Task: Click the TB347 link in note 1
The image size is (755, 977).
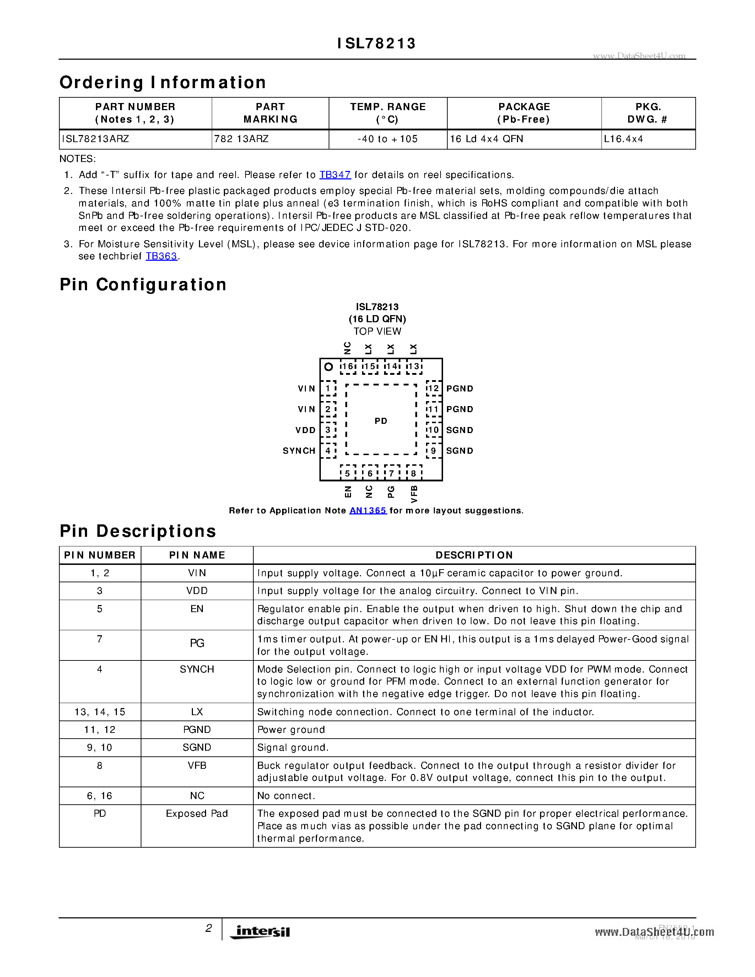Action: pyautogui.click(x=335, y=175)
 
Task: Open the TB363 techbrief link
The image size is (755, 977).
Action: pyautogui.click(x=161, y=256)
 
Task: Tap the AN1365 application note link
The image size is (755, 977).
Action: pyautogui.click(x=368, y=511)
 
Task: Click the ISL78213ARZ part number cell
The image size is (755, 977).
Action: pyautogui.click(x=96, y=139)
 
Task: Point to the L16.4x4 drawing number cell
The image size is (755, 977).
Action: pyautogui.click(x=623, y=139)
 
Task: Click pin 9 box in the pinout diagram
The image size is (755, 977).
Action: pyautogui.click(x=433, y=451)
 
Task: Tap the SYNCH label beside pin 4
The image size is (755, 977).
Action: pyautogui.click(x=299, y=451)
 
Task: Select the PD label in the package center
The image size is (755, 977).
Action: pyautogui.click(x=381, y=421)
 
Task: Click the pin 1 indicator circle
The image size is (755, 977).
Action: pyautogui.click(x=328, y=367)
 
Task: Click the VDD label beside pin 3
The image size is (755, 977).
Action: pyautogui.click(x=306, y=430)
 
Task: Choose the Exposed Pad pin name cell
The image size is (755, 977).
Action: pyautogui.click(x=197, y=813)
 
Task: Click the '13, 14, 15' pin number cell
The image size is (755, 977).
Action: pyautogui.click(x=100, y=712)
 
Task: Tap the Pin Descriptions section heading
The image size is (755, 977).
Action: pyautogui.click(x=138, y=531)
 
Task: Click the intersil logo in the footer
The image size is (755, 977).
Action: pyautogui.click(x=260, y=932)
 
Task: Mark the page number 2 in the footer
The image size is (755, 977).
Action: pyautogui.click(x=209, y=928)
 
